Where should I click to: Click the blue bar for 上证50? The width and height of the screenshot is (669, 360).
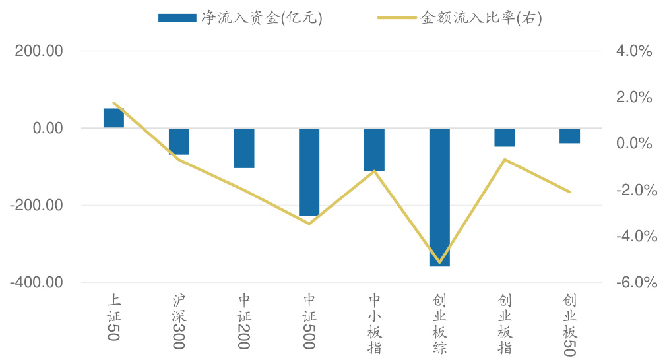113,118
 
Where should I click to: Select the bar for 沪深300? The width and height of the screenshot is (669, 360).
179,142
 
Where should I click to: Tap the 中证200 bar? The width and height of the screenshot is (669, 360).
244,148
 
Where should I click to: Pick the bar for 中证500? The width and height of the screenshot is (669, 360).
309,172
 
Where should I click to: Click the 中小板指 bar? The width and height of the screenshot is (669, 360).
374,150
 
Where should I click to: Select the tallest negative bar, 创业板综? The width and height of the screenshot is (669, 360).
439,197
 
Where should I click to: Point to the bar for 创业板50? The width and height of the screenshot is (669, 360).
569,136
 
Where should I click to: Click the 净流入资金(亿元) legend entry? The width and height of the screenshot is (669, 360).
240,18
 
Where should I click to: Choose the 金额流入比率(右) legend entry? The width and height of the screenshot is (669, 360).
459,18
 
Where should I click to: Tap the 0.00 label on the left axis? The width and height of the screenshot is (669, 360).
48,128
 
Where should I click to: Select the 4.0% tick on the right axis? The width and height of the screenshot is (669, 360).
635,51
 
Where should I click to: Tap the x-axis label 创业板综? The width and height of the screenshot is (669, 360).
439,324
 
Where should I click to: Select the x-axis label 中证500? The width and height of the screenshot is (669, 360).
309,320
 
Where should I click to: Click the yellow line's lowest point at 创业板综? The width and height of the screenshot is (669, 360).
439,263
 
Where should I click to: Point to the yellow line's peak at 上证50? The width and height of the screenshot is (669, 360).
114,103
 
